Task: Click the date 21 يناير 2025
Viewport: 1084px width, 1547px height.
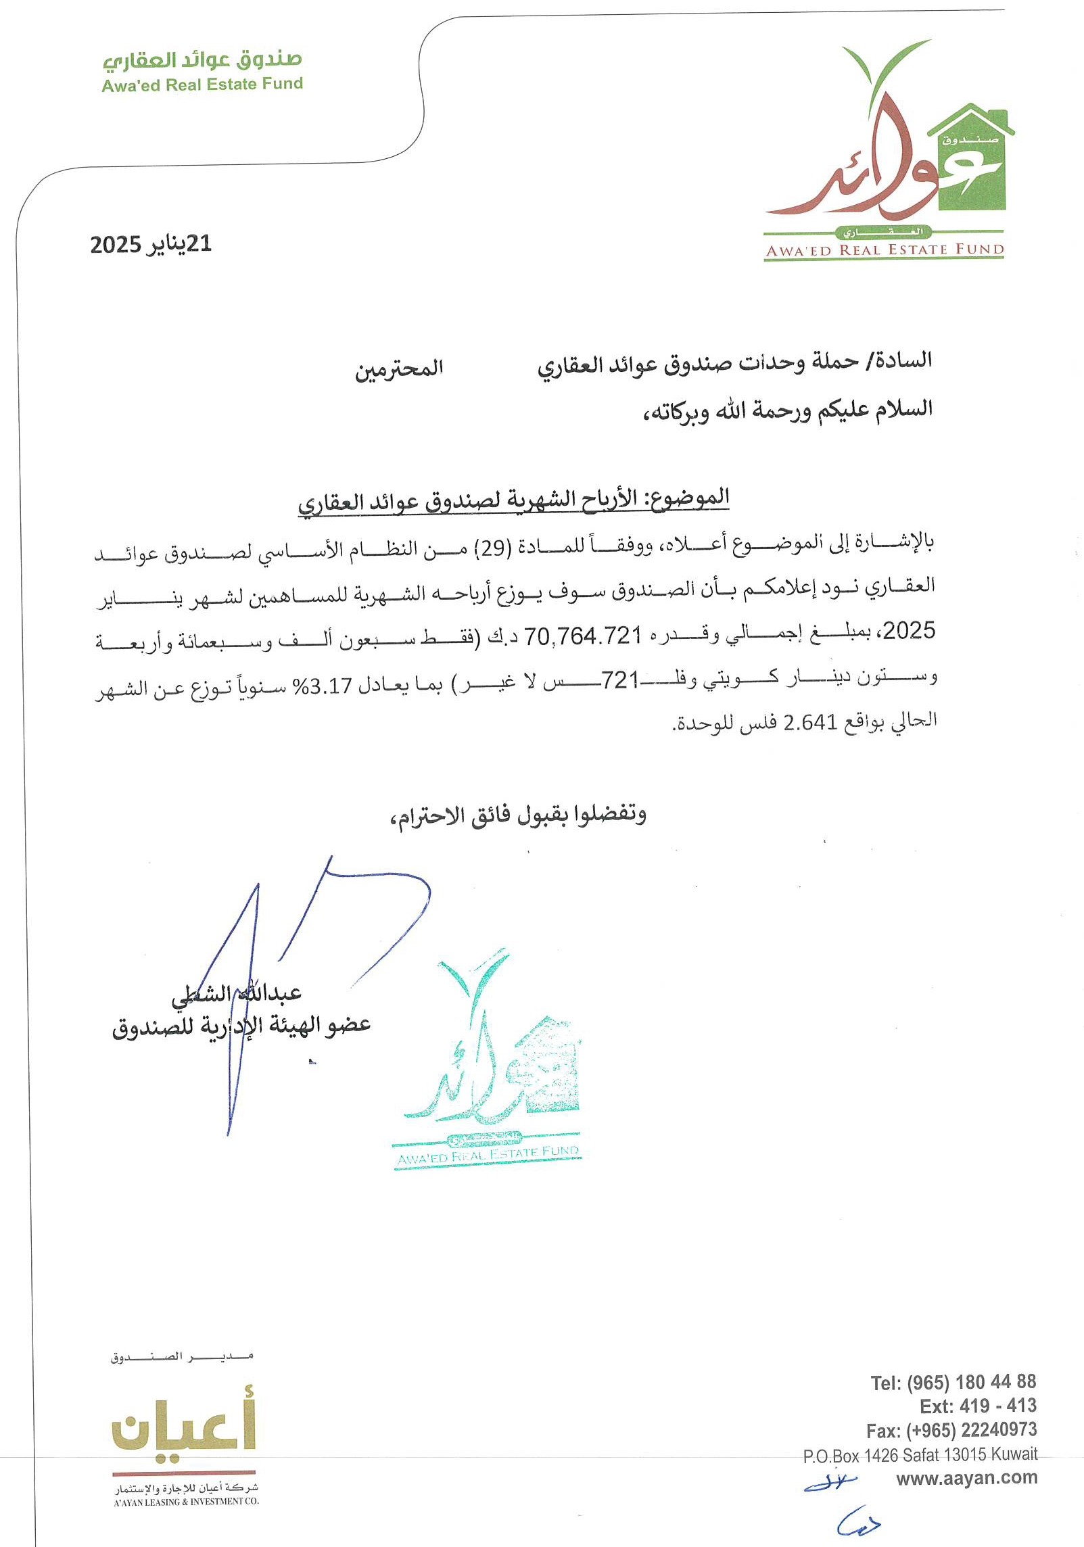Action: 151,244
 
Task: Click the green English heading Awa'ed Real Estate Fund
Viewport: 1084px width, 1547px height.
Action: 202,85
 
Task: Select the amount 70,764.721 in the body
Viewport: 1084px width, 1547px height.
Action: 583,636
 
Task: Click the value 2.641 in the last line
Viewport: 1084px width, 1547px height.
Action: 810,723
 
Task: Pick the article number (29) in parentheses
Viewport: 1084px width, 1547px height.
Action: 492,548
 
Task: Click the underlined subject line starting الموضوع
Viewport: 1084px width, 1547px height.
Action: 513,500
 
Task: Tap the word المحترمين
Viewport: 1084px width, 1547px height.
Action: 399,368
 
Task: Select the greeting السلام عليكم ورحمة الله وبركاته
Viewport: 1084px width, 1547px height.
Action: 787,410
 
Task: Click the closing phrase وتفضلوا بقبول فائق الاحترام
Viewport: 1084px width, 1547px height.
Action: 518,815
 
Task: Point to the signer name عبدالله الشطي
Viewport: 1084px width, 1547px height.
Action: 236,993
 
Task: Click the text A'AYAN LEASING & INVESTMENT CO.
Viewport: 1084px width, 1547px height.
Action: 186,1502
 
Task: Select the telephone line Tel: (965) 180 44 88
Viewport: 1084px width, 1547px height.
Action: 953,1382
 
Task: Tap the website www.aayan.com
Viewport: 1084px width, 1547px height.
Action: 966,1477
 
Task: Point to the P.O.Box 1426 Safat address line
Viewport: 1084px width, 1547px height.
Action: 920,1454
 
